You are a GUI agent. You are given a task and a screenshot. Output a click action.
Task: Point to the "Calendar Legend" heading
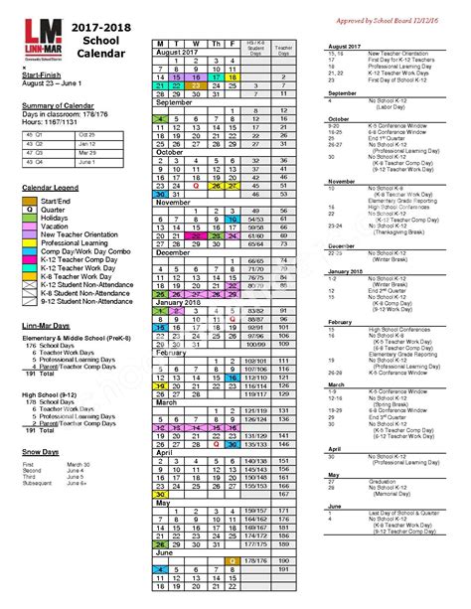click(51, 187)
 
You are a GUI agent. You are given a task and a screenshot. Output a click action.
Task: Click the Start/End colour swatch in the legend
click(31, 202)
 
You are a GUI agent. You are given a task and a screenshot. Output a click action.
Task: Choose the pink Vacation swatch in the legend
click(31, 227)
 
